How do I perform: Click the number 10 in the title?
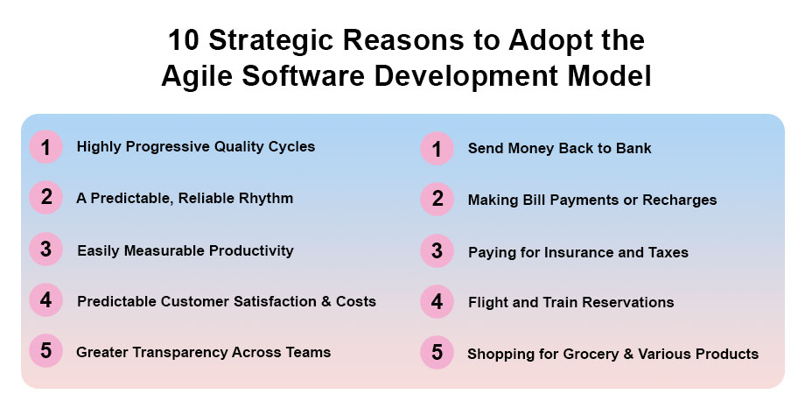[183, 40]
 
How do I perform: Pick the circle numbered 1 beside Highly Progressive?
[45, 147]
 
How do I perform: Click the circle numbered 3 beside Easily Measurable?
[45, 250]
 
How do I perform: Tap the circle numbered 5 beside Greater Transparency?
[45, 351]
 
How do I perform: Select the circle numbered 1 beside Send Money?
[437, 149]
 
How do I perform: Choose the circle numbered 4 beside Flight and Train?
[437, 301]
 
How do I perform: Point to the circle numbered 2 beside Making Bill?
[437, 199]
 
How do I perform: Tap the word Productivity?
[251, 250]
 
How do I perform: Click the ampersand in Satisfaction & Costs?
[326, 301]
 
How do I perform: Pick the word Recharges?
[680, 200]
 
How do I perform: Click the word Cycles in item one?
[290, 147]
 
